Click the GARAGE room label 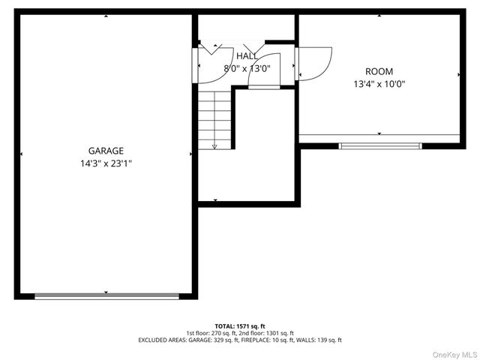tap(106, 151)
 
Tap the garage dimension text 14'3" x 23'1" tap(106, 163)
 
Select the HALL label tap(247, 56)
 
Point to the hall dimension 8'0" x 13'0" tap(247, 68)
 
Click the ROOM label tap(379, 72)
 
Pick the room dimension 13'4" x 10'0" tap(379, 85)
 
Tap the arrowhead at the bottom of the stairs tap(214, 147)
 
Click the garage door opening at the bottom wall tap(106, 296)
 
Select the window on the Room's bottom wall tap(380, 145)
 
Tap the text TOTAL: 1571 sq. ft tap(240, 326)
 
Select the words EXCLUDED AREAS tap(160, 340)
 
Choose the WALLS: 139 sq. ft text tap(318, 340)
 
